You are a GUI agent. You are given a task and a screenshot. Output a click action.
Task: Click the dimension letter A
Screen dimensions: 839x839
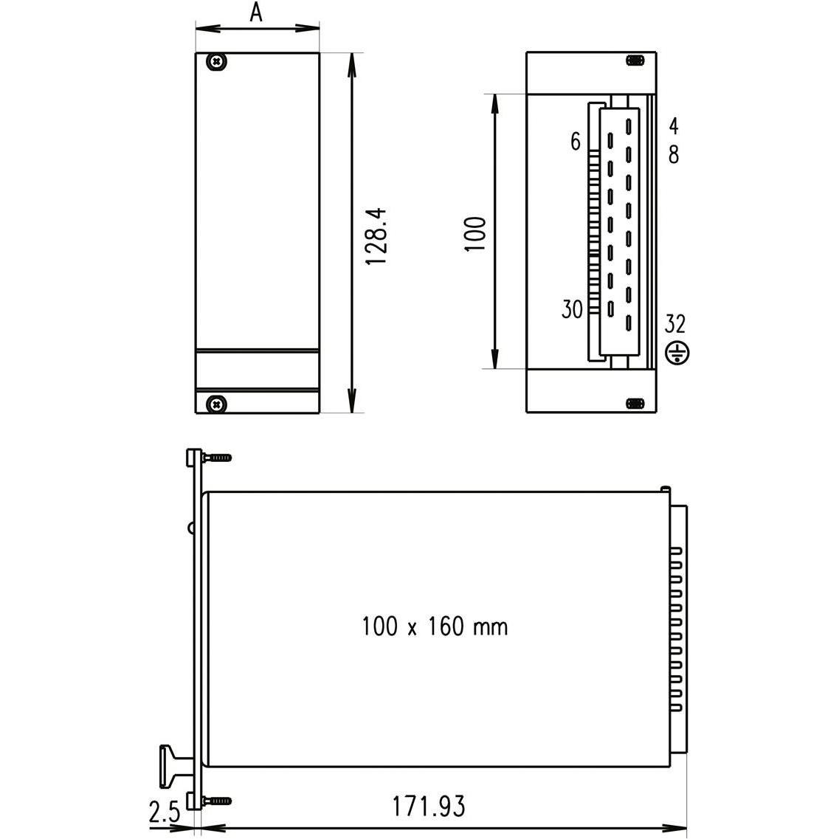point(256,13)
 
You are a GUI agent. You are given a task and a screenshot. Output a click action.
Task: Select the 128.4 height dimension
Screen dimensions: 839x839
point(376,236)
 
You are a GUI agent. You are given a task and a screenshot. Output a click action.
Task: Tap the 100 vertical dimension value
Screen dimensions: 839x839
point(476,234)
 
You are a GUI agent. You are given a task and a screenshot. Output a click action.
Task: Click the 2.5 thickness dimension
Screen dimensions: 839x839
point(165,813)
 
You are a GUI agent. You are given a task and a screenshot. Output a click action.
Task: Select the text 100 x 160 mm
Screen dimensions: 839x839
point(435,627)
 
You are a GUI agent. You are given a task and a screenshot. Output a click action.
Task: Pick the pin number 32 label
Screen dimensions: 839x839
point(675,324)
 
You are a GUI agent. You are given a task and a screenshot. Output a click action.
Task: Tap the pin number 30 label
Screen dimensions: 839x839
point(572,310)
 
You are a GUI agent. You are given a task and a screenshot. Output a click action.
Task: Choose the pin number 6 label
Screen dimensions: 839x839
point(576,142)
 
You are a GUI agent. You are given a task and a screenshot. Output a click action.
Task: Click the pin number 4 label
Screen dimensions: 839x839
point(673,125)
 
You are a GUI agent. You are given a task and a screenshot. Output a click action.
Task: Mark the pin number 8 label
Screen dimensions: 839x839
point(673,154)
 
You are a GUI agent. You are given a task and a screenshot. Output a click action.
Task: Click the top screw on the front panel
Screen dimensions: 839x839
point(216,63)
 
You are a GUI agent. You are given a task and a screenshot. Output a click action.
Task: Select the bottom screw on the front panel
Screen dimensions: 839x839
point(215,404)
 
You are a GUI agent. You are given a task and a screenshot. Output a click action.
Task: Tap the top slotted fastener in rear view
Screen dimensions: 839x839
point(634,61)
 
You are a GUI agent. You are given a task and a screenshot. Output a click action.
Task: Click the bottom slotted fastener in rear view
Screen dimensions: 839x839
point(634,403)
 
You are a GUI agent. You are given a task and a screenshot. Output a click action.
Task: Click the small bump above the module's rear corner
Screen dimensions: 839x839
point(666,488)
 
